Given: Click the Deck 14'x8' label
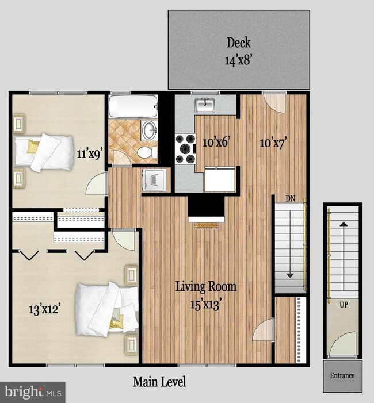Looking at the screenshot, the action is [x=238, y=51].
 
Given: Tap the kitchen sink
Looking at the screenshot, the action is [x=205, y=105].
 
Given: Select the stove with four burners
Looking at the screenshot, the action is [x=185, y=149].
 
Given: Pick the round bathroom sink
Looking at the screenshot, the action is [x=150, y=130].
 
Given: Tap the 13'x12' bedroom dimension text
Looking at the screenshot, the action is [x=45, y=309].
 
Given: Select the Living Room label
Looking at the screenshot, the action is [x=206, y=286].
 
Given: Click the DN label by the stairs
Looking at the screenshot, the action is [x=290, y=198].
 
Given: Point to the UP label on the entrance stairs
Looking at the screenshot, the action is [x=344, y=305].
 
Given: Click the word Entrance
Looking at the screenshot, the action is [x=342, y=375].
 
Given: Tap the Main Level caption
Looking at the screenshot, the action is [x=159, y=382].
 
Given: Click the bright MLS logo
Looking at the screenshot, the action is [x=33, y=392].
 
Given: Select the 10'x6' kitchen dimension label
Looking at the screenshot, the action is [x=216, y=142].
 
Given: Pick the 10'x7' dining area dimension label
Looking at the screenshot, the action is [x=273, y=143].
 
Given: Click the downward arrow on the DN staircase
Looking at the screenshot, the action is [x=290, y=244].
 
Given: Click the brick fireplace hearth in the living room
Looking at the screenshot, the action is [x=207, y=225].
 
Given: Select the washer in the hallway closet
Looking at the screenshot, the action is [x=154, y=179].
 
